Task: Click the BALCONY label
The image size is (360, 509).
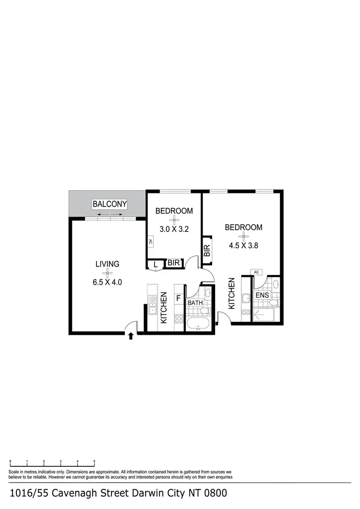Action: point(110,204)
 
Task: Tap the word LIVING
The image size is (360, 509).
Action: point(108,264)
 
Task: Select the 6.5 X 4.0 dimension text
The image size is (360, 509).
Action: point(108,282)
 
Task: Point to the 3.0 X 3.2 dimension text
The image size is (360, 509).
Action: point(174,229)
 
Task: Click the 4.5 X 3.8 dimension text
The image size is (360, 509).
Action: point(244,244)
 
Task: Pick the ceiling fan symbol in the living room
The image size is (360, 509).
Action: point(108,273)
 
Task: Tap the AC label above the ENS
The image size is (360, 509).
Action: point(256,272)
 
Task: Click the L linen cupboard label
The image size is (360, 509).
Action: point(156,264)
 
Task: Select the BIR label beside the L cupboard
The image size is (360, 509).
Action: point(173,263)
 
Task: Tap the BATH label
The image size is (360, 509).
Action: point(195,303)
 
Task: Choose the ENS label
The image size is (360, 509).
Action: point(262,295)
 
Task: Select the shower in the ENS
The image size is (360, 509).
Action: point(263,315)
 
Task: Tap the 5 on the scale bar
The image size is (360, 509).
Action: point(95,461)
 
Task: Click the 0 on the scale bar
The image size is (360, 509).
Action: point(11,461)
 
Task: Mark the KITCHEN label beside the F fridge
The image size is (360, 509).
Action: point(164,307)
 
